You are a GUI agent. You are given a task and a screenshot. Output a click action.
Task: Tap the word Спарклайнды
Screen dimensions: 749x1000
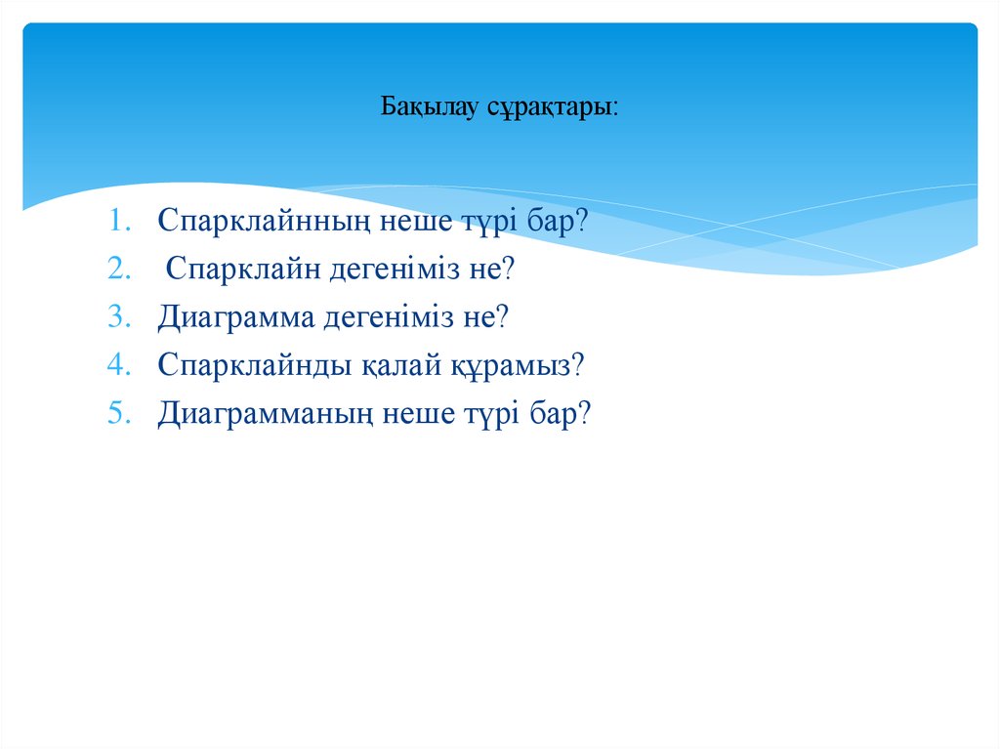(x=249, y=366)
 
